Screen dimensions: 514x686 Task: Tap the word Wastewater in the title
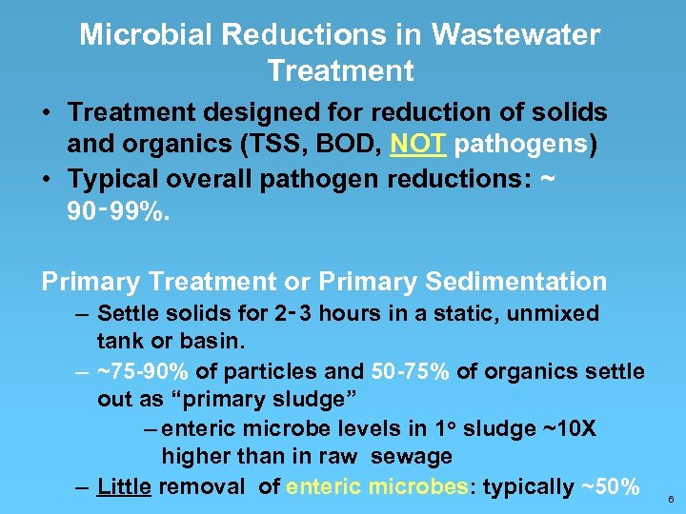(515, 36)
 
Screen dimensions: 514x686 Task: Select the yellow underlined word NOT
(420, 144)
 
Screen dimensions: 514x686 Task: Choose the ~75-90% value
(142, 371)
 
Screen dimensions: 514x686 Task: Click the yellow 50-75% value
(410, 371)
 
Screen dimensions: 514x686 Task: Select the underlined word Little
(124, 487)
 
